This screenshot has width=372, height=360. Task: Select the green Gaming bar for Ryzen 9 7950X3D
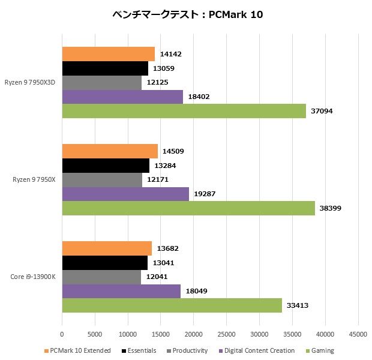[184, 111]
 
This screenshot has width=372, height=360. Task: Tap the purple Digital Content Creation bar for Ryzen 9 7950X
[125, 194]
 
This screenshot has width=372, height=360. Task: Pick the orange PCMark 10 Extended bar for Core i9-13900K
[107, 248]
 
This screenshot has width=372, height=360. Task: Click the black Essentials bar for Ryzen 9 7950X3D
[105, 68]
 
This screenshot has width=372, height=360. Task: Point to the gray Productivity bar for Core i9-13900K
[101, 277]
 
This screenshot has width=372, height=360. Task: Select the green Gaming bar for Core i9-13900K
[172, 305]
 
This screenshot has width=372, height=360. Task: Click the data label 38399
[332, 208]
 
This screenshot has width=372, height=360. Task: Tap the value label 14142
[171, 54]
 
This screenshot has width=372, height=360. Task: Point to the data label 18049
[197, 291]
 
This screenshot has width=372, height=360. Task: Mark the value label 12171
[158, 179]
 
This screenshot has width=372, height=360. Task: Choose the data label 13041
[164, 262]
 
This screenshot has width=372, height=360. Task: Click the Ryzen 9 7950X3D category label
[30, 83]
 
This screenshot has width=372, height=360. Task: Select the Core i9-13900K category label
[33, 277]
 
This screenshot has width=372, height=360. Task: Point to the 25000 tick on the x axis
[226, 334]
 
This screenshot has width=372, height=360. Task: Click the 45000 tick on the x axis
[358, 334]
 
